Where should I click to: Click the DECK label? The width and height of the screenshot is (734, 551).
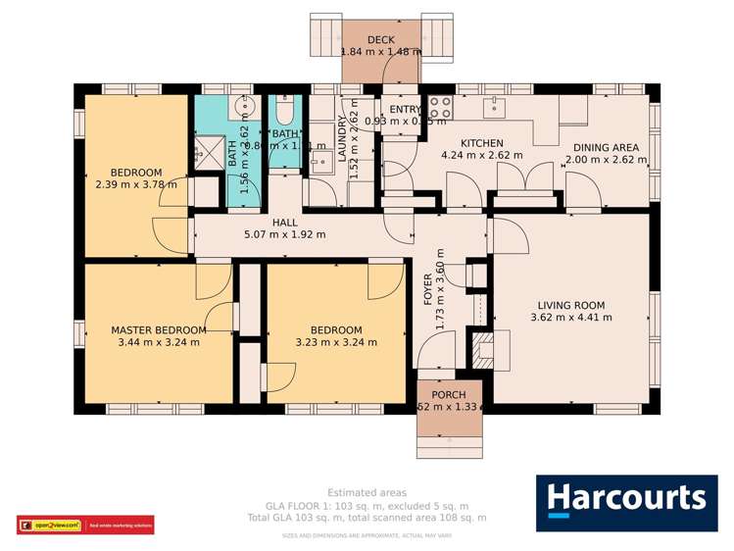click(380, 39)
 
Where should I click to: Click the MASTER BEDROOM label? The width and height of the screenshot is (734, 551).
click(158, 330)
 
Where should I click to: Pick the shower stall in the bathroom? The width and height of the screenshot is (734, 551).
click(209, 150)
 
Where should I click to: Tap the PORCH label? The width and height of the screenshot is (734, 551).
click(449, 395)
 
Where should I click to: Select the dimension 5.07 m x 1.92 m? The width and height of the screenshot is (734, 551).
click(285, 235)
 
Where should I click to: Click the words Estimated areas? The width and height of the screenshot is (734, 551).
click(367, 492)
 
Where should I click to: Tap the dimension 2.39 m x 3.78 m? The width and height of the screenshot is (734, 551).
click(136, 184)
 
